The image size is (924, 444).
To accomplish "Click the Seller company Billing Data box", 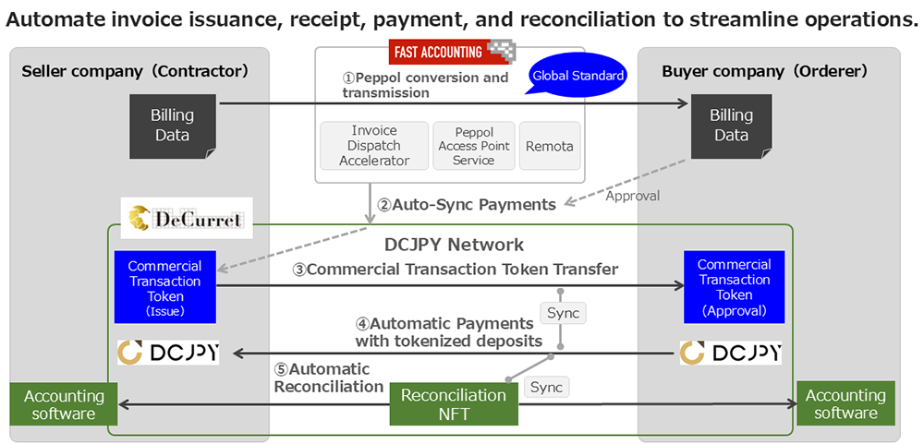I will [173, 125].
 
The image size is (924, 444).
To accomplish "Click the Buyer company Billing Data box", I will [731, 125].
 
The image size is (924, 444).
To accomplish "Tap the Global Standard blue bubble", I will [577, 76].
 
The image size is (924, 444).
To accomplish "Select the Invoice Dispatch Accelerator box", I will [374, 146].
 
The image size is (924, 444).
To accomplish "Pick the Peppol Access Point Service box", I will [473, 146].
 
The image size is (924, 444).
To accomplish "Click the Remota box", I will [550, 146].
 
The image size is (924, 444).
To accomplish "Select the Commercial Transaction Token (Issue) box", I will [164, 288].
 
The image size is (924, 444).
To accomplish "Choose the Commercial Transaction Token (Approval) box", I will [735, 287].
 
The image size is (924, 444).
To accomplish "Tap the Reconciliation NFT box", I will [453, 404].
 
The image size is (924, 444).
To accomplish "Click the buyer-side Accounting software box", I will [845, 403].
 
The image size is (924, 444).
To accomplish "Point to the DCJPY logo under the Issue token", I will [168, 353].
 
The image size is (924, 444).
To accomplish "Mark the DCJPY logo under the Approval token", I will [730, 353].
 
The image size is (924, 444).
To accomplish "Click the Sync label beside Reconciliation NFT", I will [547, 387].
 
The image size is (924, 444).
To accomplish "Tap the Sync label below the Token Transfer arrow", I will [563, 313].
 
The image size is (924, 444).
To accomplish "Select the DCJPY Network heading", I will [454, 245].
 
